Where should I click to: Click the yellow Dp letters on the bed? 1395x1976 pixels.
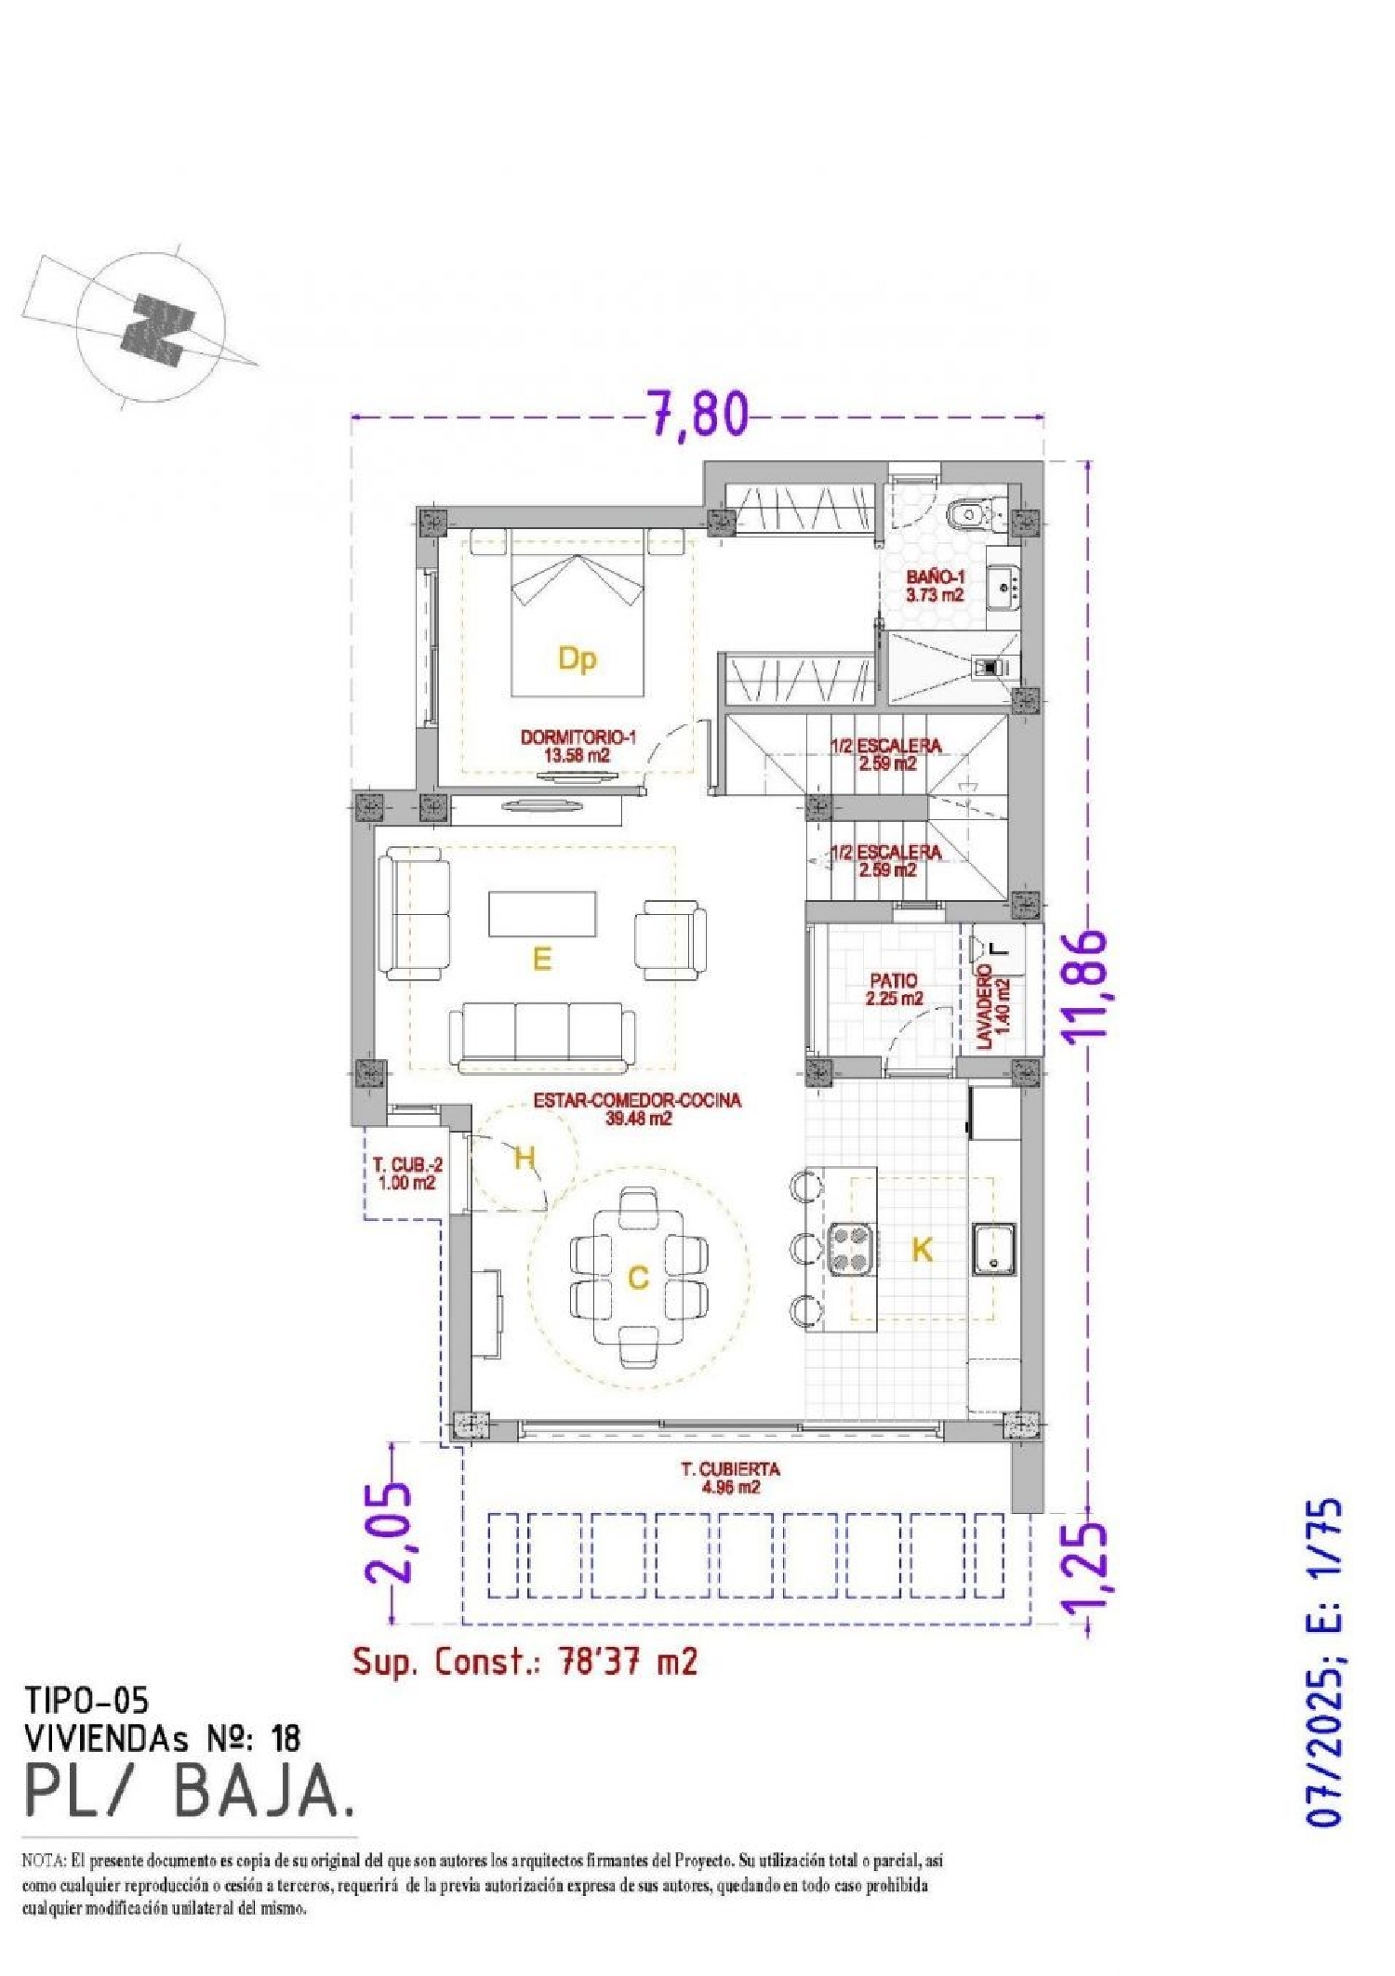tap(577, 658)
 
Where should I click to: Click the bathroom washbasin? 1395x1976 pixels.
tap(1003, 586)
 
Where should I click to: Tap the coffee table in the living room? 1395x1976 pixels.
tap(542, 913)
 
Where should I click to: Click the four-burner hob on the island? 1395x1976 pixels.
tap(851, 1248)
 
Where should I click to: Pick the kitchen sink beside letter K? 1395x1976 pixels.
tap(993, 1249)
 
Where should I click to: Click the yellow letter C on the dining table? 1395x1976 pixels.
tap(638, 1278)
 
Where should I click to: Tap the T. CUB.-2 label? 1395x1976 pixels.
tap(407, 1174)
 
